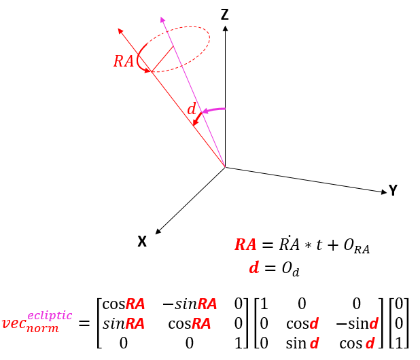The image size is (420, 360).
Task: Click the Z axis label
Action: point(225,14)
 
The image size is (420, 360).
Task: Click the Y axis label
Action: point(392,191)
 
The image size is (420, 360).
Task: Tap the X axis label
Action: point(142,241)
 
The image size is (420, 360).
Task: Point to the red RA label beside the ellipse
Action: point(123,61)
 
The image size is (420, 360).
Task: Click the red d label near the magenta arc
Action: point(192,109)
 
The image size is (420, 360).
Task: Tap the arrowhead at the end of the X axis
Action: point(158,232)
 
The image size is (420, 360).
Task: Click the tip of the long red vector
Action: point(120,30)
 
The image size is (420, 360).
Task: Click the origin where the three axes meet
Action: point(225,166)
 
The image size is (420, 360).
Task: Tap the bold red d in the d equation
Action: point(254,268)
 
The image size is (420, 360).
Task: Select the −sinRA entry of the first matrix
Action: point(188,305)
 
